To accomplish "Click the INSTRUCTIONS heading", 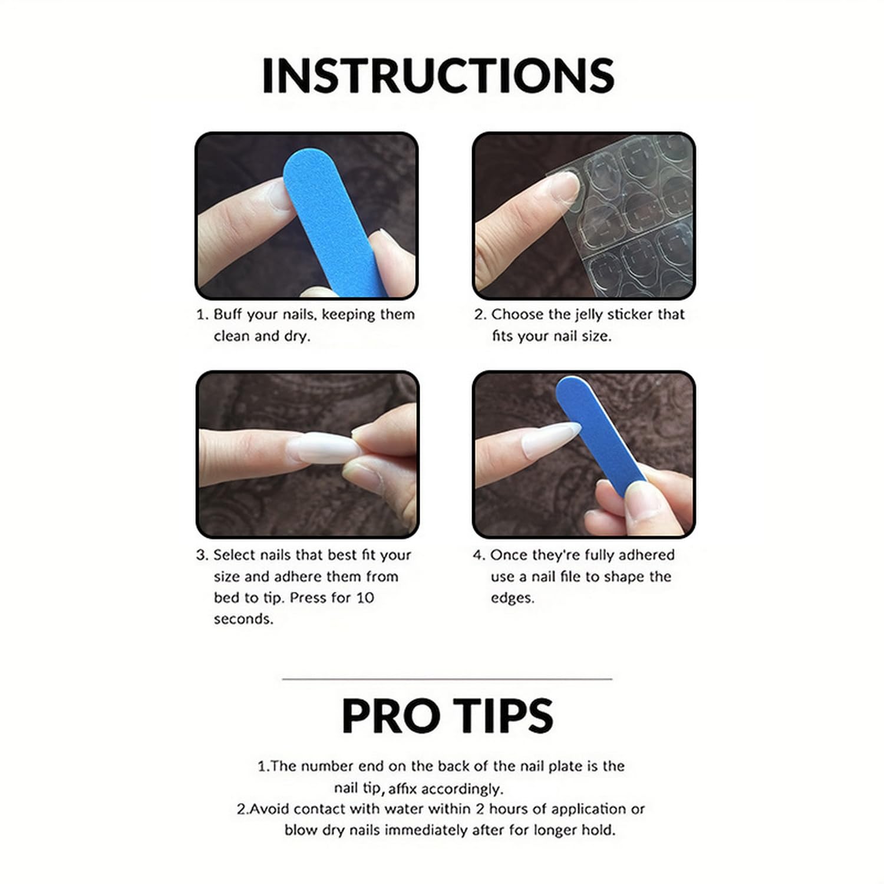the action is coord(438,75).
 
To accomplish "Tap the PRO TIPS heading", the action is coord(447,716).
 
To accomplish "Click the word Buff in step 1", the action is coord(227,314).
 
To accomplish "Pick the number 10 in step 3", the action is coord(365,598).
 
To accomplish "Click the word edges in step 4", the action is coord(512,598).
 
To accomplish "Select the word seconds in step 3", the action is coord(243,619).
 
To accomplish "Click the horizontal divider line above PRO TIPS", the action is coord(447,679).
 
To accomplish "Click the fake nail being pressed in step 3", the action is coord(324,450).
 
